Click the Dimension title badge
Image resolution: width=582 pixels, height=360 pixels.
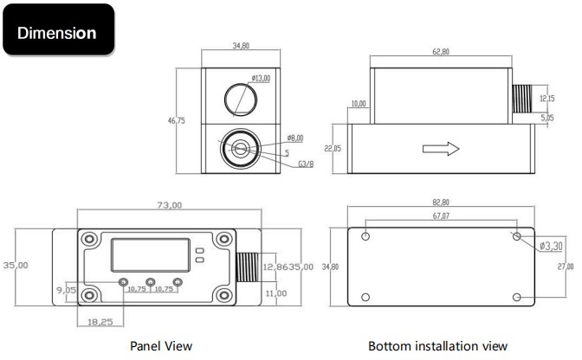[x=58, y=32]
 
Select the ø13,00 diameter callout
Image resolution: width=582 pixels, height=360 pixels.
[x=261, y=78]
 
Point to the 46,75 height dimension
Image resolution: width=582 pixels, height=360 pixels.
[x=176, y=121]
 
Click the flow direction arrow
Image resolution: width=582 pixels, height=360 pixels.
[x=439, y=149]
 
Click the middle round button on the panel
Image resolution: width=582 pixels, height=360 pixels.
[x=151, y=282]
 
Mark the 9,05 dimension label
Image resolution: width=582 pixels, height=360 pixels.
[x=66, y=290]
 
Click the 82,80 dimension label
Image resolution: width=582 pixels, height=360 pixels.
[x=440, y=202]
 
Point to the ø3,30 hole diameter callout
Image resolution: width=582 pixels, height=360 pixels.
[x=551, y=247]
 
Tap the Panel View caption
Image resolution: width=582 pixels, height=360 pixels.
[x=160, y=346]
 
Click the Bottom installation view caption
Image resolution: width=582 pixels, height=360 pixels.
[x=437, y=346]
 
